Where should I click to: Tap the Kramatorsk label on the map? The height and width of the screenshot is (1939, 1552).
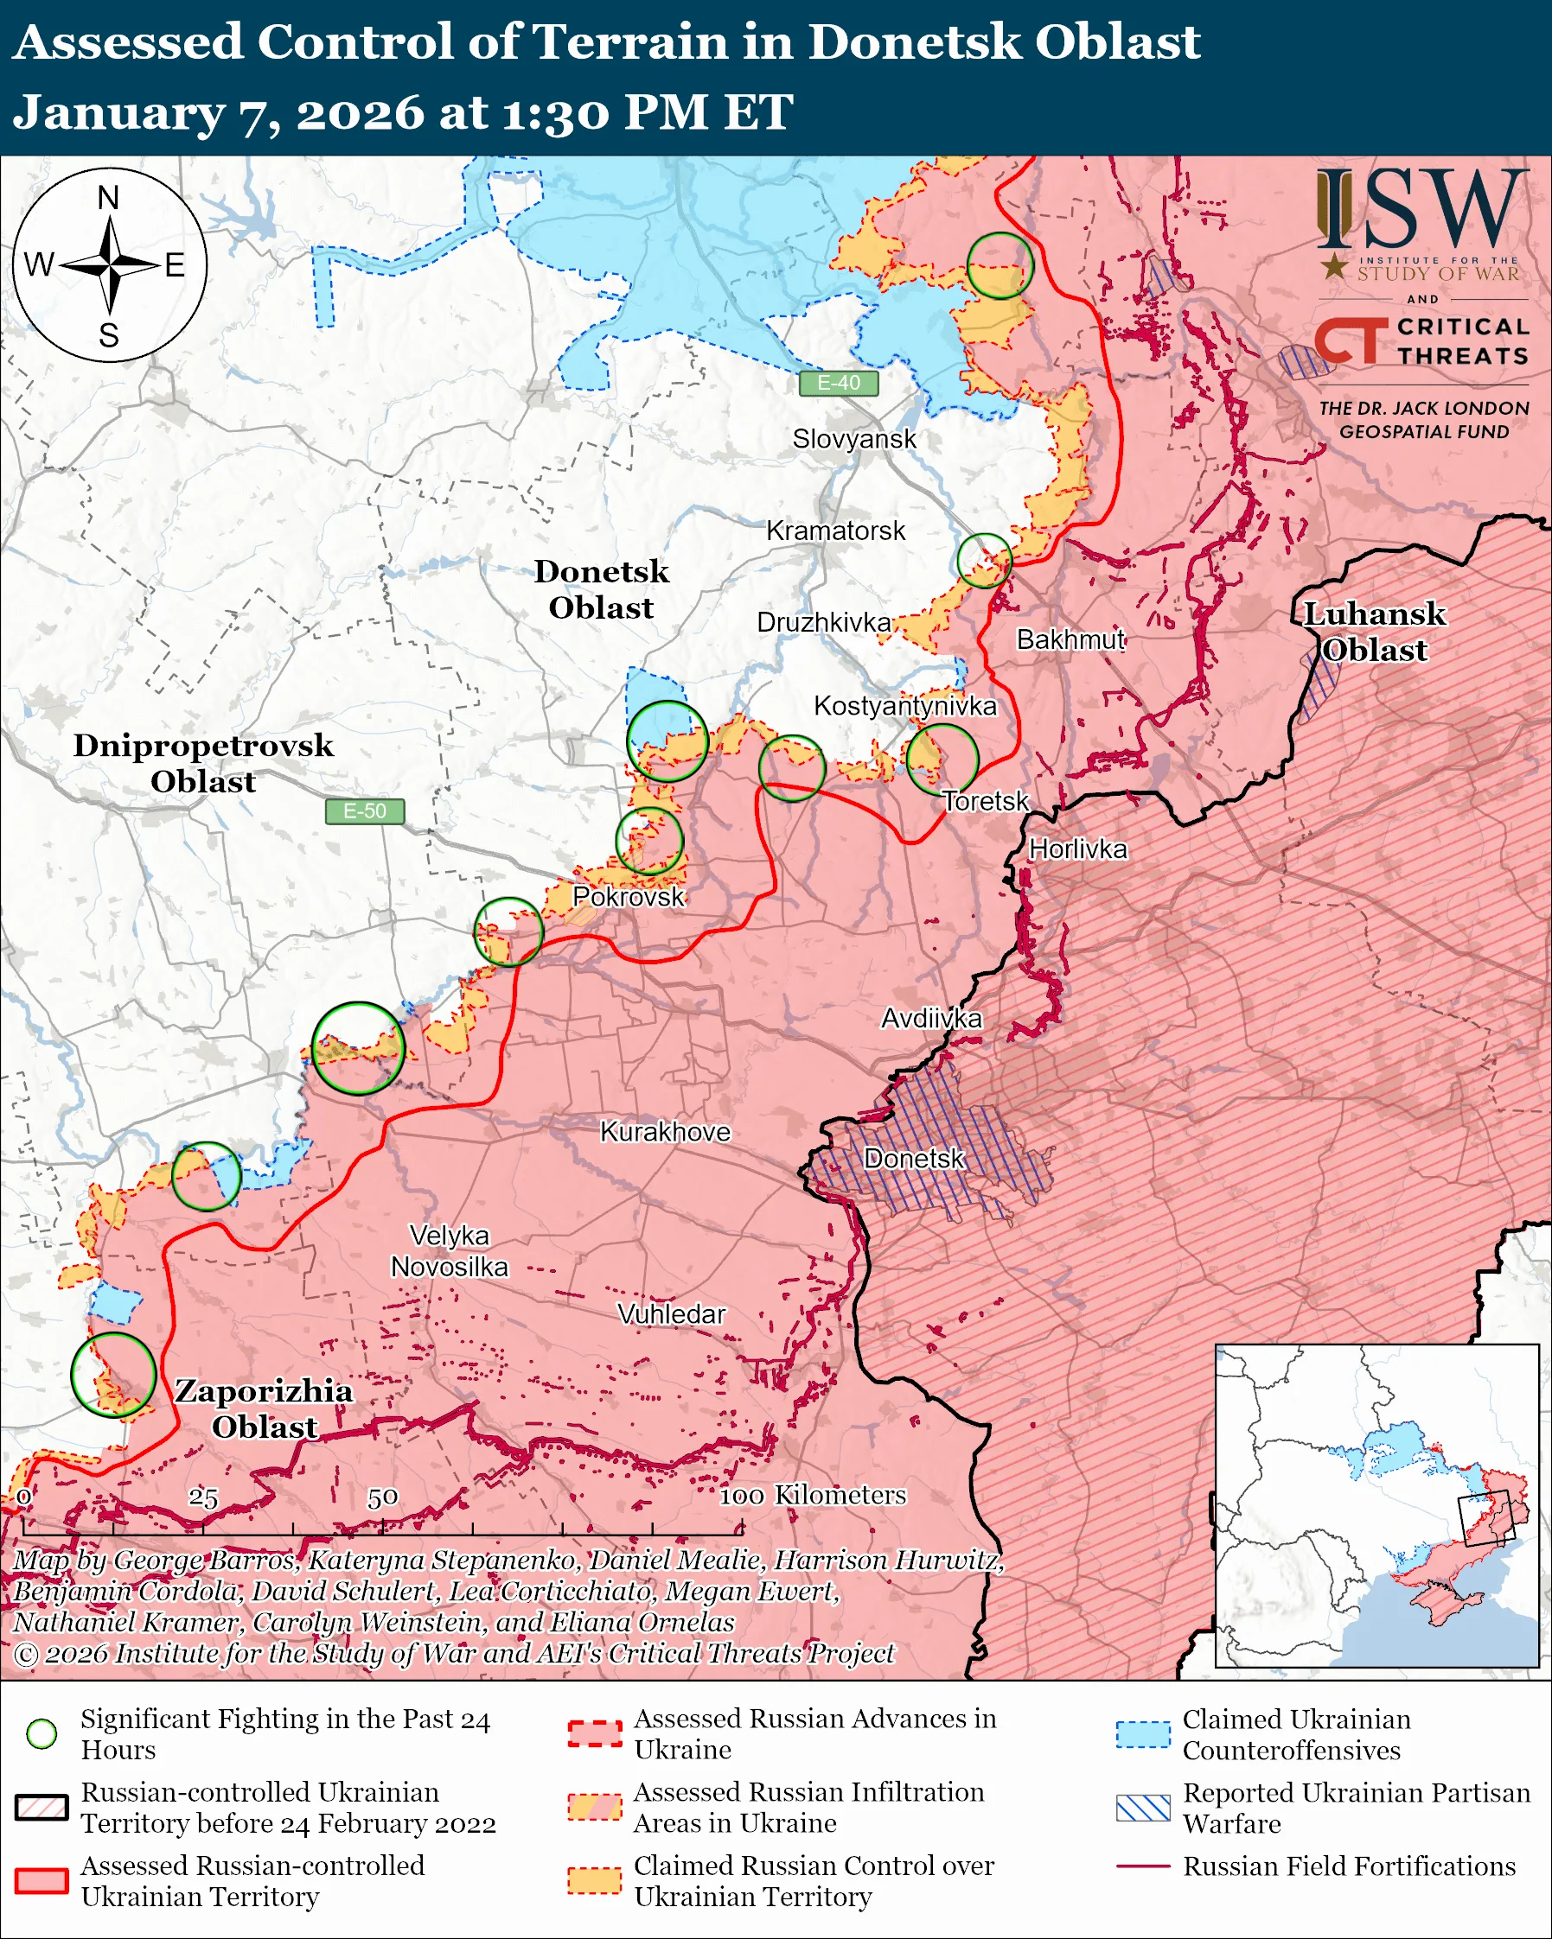point(835,531)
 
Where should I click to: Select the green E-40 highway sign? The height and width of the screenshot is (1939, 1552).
point(838,383)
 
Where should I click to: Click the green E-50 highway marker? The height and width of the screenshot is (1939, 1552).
point(364,811)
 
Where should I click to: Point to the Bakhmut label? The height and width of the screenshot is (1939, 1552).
point(1070,639)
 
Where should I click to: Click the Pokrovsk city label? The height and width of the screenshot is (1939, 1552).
point(628,897)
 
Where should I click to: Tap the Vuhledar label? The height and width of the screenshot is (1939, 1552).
point(671,1314)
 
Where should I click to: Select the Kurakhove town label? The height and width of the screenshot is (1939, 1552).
point(665,1131)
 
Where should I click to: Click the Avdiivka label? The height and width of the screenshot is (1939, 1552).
point(931,1018)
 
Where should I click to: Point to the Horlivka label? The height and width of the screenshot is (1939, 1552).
point(1077,849)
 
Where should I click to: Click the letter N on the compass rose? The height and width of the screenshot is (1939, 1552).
point(108,198)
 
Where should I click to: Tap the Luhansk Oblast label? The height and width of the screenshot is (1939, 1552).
point(1374,632)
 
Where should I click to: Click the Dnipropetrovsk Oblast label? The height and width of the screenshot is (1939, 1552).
point(203,763)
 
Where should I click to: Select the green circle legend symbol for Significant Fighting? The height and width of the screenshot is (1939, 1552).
point(42,1734)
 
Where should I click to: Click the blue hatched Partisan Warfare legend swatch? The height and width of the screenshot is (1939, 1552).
point(1143,1808)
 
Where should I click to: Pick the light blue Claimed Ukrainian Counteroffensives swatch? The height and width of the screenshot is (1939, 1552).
point(1143,1734)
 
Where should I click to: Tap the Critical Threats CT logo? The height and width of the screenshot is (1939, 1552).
point(1352,340)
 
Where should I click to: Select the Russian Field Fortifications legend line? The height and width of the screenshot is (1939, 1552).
point(1143,1866)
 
